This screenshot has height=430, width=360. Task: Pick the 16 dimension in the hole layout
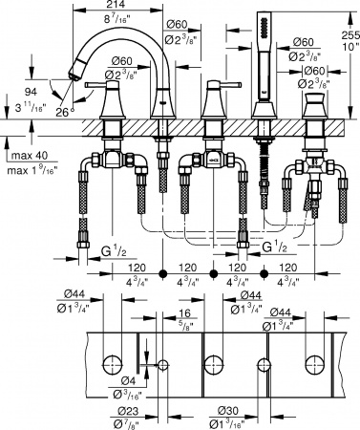click(x=181, y=312)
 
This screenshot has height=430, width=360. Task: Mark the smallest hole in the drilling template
click(x=163, y=365)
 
